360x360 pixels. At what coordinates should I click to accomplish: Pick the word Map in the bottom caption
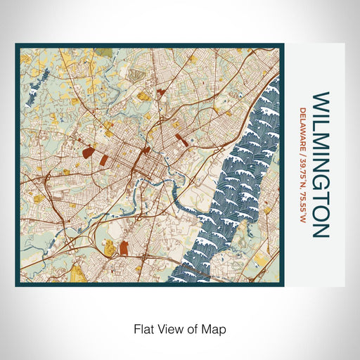pos(214,328)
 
